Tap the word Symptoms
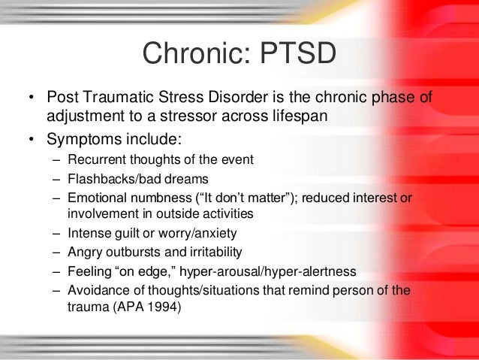(x=77, y=140)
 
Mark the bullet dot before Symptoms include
(x=31, y=141)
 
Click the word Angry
(x=85, y=253)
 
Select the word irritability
(x=212, y=253)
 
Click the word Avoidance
(x=98, y=290)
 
